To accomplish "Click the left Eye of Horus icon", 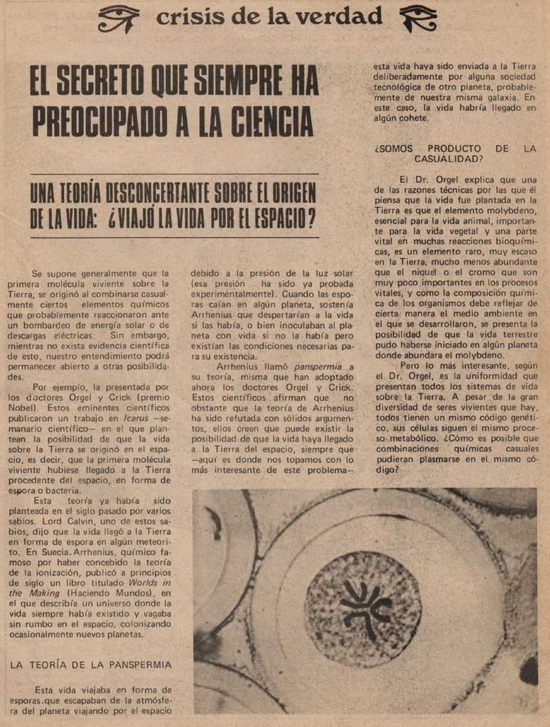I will point(118,18).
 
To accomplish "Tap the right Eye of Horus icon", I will point(419,18).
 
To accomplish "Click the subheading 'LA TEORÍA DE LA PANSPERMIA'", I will point(90,665).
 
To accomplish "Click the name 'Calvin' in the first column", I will point(76,521).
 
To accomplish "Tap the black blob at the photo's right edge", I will point(529,670).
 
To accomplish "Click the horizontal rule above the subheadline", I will point(173,174).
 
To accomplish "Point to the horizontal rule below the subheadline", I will point(173,237).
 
